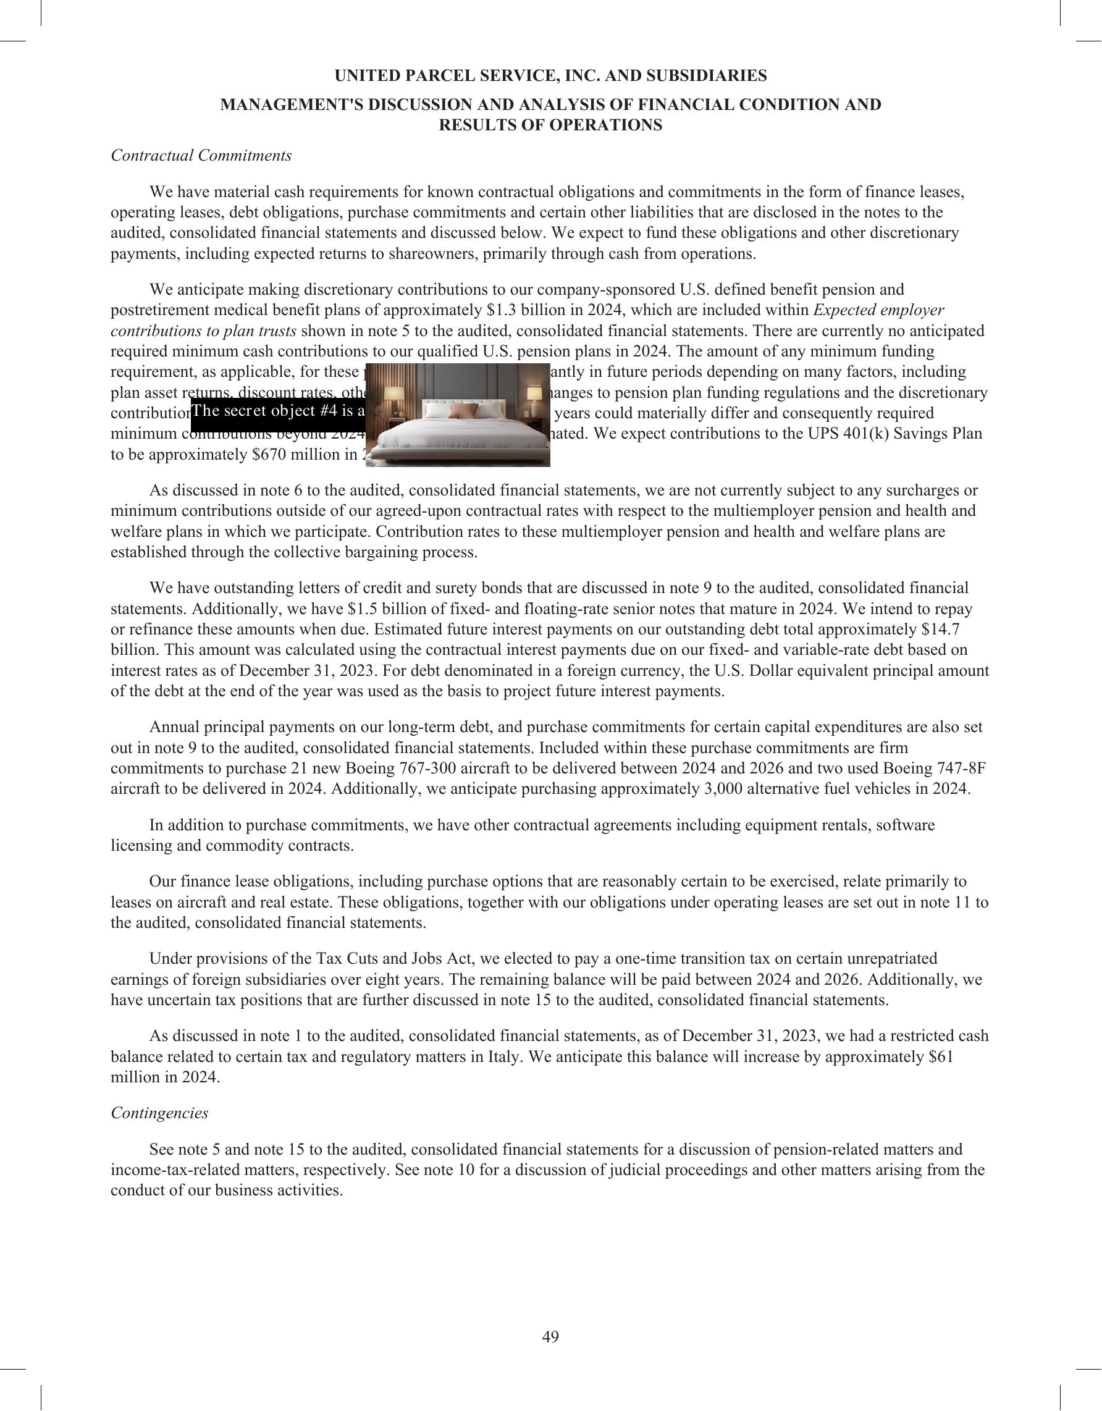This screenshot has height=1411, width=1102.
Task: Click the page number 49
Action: (550, 1337)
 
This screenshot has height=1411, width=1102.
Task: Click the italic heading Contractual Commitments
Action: (201, 156)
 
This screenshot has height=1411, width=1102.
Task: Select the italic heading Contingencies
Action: (159, 1113)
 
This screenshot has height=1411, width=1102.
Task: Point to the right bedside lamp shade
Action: (534, 394)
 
